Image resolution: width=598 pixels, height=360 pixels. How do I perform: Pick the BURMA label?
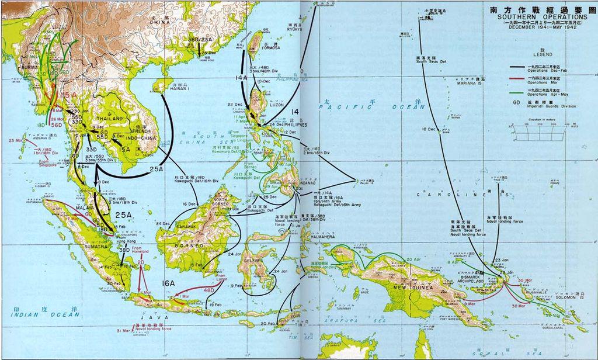click(x=29, y=67)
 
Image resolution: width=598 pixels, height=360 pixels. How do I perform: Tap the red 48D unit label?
click(x=208, y=290)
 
